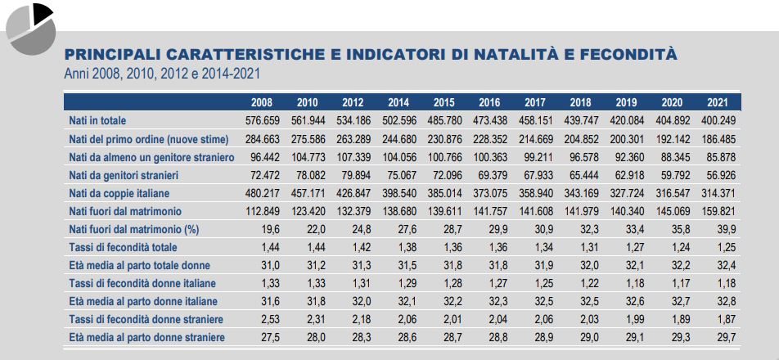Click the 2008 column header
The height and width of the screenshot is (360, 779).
[262, 103]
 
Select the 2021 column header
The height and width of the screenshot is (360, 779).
[718, 103]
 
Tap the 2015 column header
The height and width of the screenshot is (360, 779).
[444, 103]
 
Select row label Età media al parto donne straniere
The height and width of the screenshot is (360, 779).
[146, 337]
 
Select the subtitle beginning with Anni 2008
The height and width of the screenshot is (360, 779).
[163, 74]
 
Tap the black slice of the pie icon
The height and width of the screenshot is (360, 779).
[42, 11]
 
